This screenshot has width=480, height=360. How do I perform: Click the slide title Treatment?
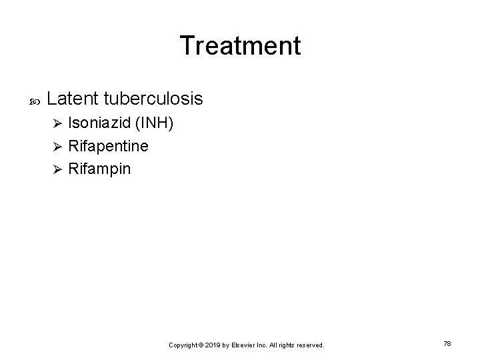(240, 45)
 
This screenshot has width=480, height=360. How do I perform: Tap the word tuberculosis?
(153, 99)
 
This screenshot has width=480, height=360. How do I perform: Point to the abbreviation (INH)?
(155, 123)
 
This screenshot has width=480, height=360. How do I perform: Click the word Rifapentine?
(109, 146)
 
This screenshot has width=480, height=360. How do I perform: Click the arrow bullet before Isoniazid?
(57, 124)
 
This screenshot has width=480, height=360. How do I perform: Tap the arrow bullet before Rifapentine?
(57, 147)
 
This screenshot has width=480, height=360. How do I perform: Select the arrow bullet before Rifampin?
(57, 169)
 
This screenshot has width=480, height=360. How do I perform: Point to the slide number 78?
(447, 343)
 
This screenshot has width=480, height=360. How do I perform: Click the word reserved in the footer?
(308, 345)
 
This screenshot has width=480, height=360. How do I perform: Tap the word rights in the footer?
(286, 345)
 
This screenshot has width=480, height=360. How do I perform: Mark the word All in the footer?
(274, 345)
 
